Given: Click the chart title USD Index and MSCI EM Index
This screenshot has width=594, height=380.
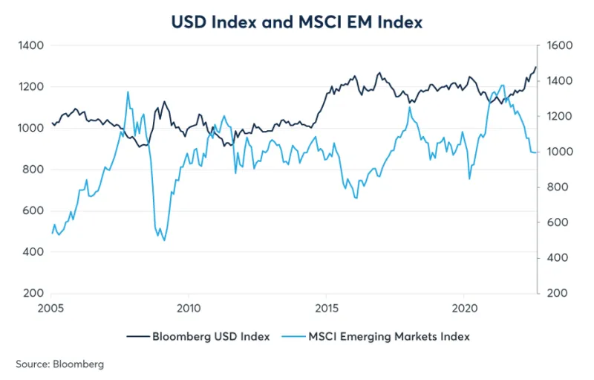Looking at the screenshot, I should coord(296,22).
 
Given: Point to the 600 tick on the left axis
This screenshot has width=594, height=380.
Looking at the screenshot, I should coord(32,210).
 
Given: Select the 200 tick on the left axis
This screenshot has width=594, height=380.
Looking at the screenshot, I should coord(32,293).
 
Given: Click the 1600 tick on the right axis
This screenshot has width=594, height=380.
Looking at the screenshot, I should coord(558,45).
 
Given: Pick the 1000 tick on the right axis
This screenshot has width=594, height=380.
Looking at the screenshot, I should coord(558,152).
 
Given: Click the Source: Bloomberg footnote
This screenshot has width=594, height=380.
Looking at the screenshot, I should coord(59,364).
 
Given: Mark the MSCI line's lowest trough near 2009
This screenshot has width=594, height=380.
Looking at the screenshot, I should coord(164,240).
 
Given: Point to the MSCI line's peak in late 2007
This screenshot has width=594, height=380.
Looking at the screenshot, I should coord(128,92).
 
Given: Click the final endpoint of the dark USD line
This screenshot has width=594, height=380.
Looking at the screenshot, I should coord(536,67).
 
